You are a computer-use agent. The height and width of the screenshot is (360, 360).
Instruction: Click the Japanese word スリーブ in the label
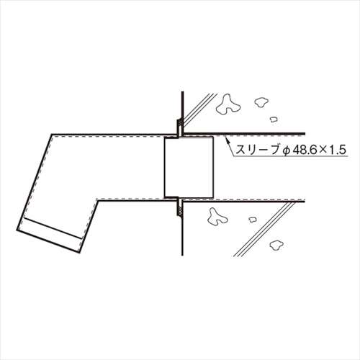pos(256,150)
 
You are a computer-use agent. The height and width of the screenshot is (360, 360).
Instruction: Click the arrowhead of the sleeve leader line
pos(227,140)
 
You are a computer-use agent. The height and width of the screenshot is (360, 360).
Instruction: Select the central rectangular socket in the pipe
pos(189,167)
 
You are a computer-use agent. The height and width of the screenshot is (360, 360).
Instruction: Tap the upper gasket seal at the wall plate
pos(179,125)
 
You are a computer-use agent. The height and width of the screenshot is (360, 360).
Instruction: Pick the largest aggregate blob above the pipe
pos(228,104)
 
